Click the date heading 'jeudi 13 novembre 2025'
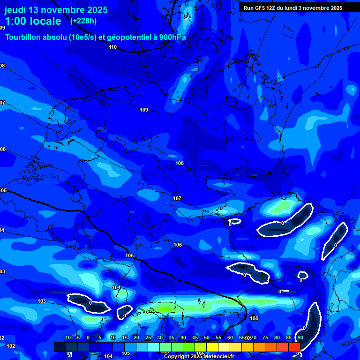56,10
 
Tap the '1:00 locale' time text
33,21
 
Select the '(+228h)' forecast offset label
83,21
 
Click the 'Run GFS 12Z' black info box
293,8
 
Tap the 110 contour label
112,47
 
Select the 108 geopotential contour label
180,163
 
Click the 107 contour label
177,198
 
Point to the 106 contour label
178,245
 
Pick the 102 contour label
11,346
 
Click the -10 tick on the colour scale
67,337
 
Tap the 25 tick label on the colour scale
148,337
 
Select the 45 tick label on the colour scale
195,337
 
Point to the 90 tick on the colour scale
300,337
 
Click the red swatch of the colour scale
294,347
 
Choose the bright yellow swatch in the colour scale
212,347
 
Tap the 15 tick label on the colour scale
125,337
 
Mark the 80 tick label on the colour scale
277,337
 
